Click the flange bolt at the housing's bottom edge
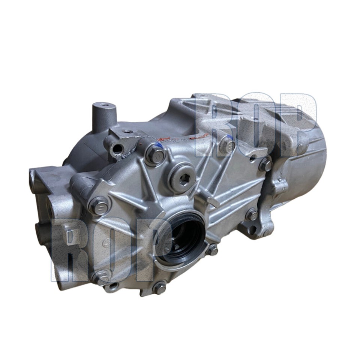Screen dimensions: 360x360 (159, 288)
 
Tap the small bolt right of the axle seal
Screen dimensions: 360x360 (212, 249)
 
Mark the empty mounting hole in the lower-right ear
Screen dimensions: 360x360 (252, 229)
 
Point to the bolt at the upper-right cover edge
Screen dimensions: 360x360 (265, 164)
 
